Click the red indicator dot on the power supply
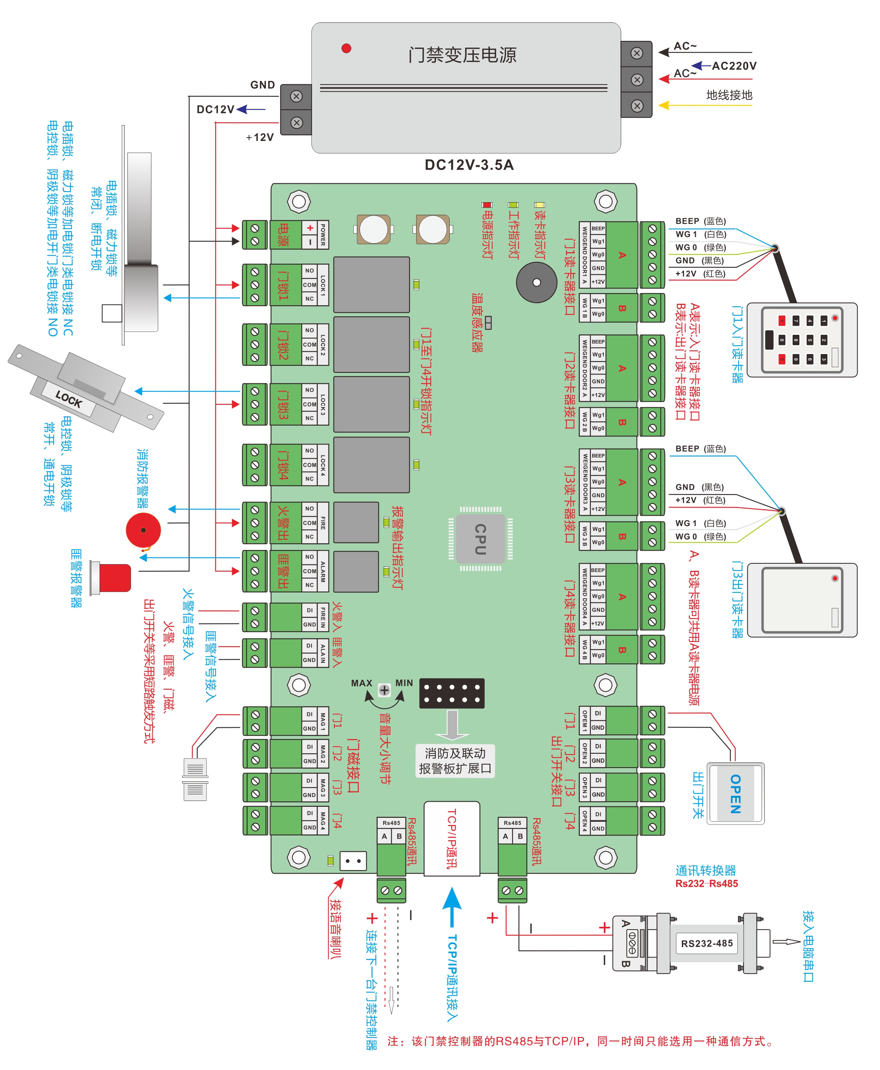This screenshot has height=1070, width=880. click(x=346, y=48)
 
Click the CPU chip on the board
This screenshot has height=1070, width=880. click(x=480, y=539)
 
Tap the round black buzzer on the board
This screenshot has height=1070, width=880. click(x=536, y=282)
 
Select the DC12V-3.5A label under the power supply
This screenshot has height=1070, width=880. click(x=469, y=165)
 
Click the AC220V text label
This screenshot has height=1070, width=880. click(x=734, y=66)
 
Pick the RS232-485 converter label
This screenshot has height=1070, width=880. click(x=707, y=943)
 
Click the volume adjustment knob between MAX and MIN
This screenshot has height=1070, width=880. click(x=384, y=690)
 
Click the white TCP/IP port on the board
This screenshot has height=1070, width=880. click(x=452, y=838)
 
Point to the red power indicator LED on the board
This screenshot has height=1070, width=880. click(x=487, y=205)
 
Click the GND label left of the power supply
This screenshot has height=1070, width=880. click(x=262, y=85)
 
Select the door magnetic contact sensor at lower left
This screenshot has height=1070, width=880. click(x=195, y=779)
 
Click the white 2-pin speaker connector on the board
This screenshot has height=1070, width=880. click(x=353, y=861)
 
